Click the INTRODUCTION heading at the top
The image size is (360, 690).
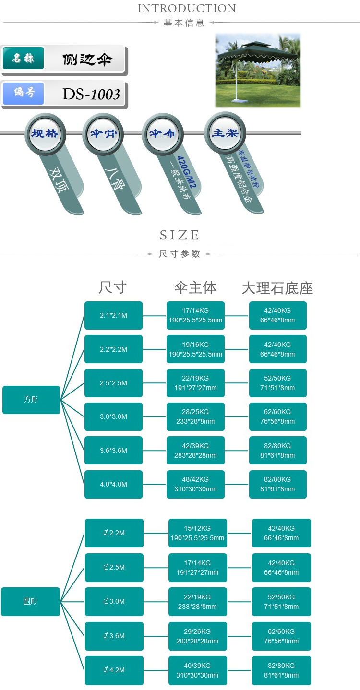click(x=187, y=8)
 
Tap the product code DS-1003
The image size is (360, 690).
click(x=91, y=94)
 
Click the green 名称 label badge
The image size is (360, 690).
click(x=24, y=58)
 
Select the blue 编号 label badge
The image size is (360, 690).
click(x=24, y=93)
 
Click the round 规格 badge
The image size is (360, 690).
click(x=45, y=133)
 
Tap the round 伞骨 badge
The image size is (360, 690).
click(x=103, y=133)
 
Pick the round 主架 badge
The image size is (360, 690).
click(x=225, y=133)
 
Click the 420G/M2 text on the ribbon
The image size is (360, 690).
click(x=186, y=172)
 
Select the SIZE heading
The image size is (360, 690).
click(x=180, y=235)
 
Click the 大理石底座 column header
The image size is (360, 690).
click(x=277, y=288)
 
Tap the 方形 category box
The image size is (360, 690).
click(x=31, y=400)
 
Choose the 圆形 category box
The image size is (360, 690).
click(x=31, y=602)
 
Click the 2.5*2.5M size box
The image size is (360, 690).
click(x=113, y=383)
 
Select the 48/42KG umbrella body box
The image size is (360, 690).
click(x=195, y=484)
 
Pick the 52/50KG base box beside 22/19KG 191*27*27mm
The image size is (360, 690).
click(x=278, y=383)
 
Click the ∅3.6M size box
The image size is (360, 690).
click(x=114, y=636)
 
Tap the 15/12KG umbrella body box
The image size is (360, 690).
click(x=198, y=533)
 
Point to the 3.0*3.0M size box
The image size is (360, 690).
click(x=113, y=416)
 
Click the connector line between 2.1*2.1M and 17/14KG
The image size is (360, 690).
click(x=155, y=316)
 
